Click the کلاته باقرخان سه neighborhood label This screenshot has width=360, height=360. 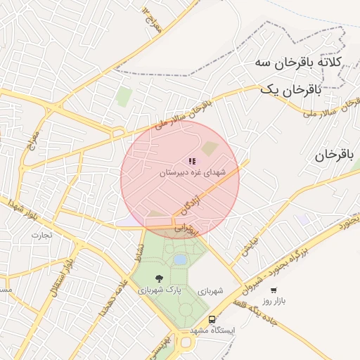pyautogui.click(x=298, y=62)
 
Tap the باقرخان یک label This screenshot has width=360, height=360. pyautogui.click(x=290, y=89)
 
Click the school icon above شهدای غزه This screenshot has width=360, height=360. pyautogui.click(x=193, y=162)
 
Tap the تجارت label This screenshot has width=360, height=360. pyautogui.click(x=41, y=235)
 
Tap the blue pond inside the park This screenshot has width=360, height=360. pyautogui.click(x=180, y=260)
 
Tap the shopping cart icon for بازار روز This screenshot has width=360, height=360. pyautogui.click(x=274, y=289)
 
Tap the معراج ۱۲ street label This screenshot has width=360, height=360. pyautogui.click(x=152, y=19)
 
